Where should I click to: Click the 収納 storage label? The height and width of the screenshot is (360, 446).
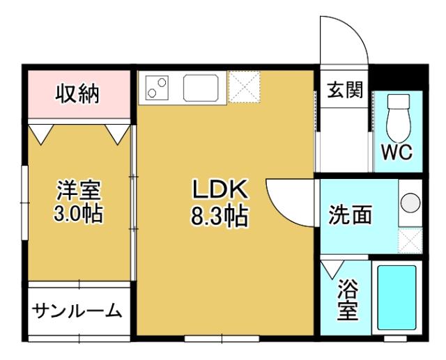[x=78, y=93]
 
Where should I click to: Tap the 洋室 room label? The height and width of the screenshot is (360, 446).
[x=78, y=189]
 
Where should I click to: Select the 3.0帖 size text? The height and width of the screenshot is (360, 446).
[x=78, y=212]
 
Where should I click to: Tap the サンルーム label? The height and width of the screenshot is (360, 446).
[x=77, y=311]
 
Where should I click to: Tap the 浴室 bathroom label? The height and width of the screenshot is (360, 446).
[x=346, y=299]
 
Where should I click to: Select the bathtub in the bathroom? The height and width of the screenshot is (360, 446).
[x=397, y=297]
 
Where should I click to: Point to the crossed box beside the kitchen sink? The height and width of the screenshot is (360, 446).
[x=244, y=87]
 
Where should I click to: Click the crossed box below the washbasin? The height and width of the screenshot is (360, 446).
[x=410, y=240]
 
